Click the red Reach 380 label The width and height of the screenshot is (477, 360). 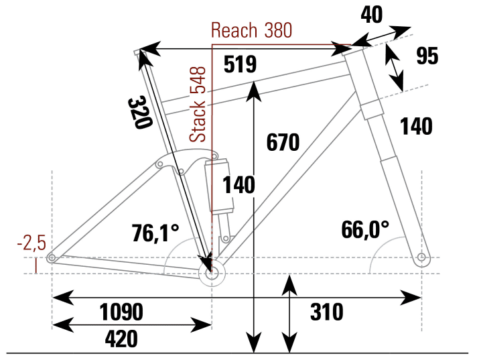tap(251, 30)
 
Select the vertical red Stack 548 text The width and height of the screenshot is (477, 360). tap(198, 104)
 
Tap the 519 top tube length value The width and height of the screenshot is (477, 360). tap(240, 64)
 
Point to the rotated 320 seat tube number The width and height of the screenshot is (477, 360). tap(139, 113)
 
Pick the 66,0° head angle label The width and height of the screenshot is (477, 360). tap(365, 229)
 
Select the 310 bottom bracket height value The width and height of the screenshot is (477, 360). tap(326, 312)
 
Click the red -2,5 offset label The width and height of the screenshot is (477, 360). tap(31, 242)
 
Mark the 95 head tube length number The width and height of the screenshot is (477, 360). tap(427, 56)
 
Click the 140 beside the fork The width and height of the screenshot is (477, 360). tap(416, 125)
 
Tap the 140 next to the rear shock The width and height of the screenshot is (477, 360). tap(239, 185)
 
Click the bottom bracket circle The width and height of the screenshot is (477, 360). tap(213, 272)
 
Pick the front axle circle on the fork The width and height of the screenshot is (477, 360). tap(421, 257)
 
